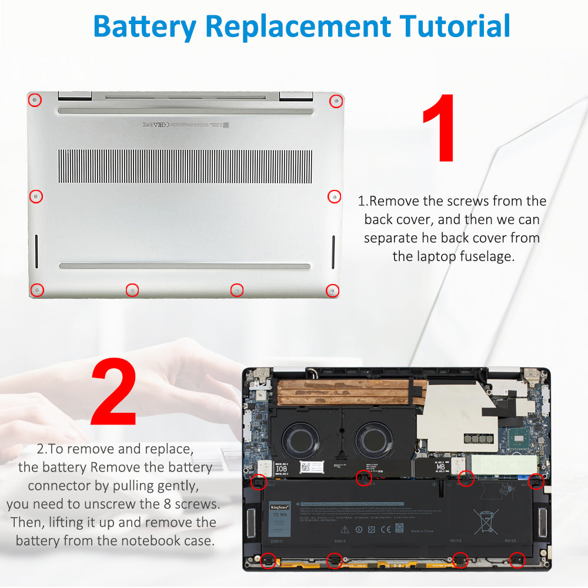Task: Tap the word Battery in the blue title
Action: tap(144, 26)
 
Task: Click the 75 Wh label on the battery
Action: tap(279, 513)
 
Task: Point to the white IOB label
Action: tap(282, 469)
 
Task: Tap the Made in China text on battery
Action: tap(422, 530)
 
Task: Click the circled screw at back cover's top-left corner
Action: tap(35, 100)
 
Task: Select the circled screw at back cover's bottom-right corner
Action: tap(333, 290)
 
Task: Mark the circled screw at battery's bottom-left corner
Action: tap(268, 560)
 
